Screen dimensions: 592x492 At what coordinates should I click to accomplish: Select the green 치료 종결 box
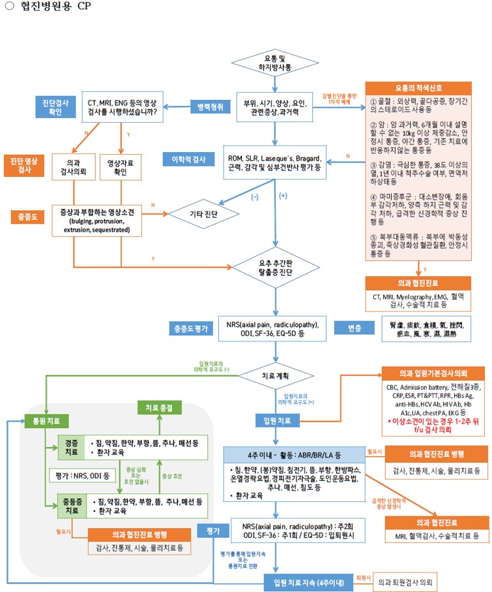(159, 409)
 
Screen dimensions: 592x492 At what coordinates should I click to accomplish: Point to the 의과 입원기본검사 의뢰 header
(433, 373)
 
